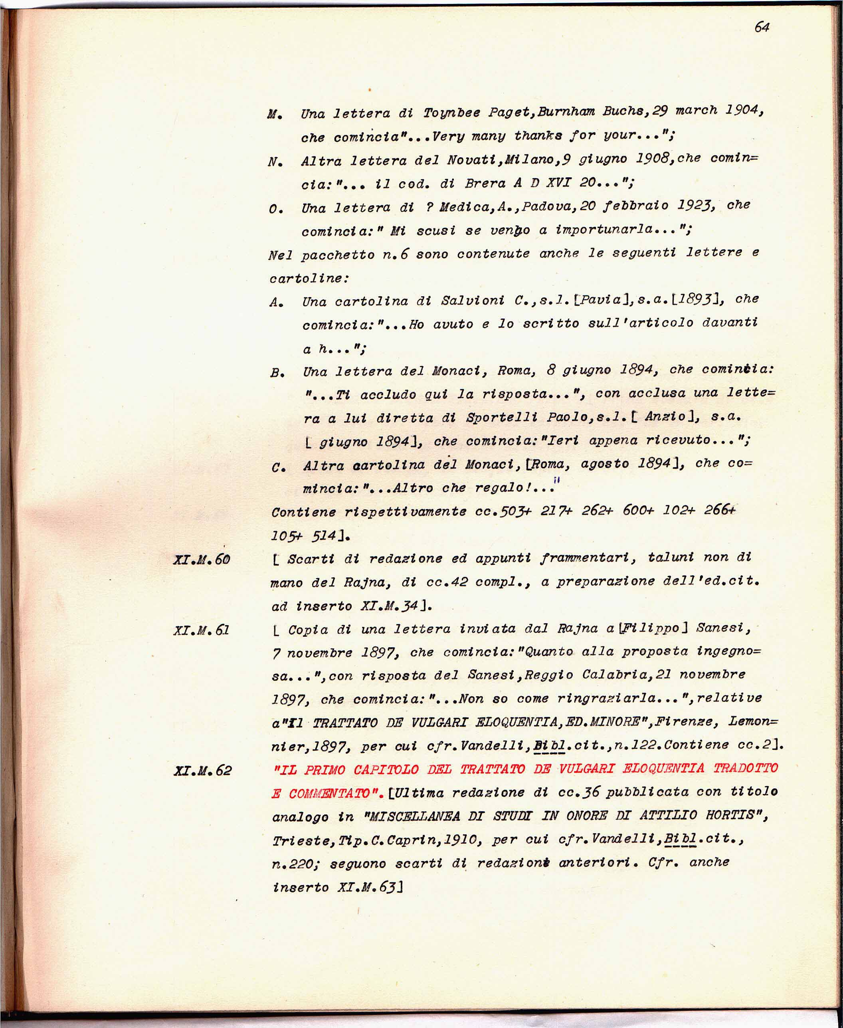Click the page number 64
click(x=762, y=28)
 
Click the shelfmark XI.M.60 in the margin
click(x=202, y=559)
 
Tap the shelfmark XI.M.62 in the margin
click(x=202, y=771)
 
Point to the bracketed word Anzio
click(x=670, y=417)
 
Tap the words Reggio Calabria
click(x=520, y=675)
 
